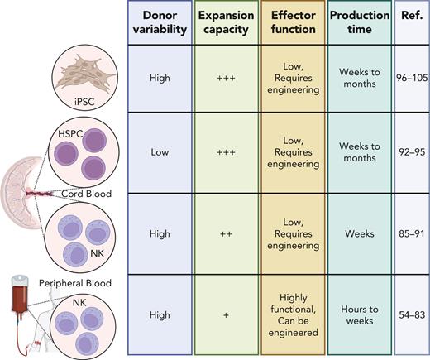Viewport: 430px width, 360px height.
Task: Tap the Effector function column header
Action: pos(289,22)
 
